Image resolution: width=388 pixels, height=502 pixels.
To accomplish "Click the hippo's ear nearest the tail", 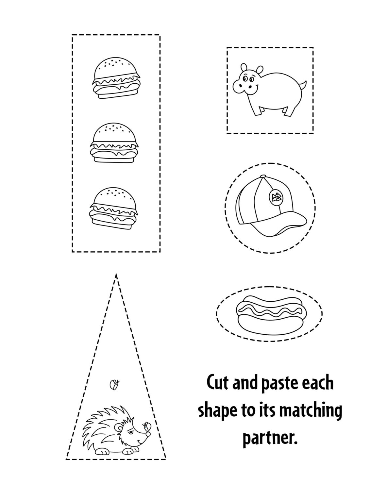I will click(x=260, y=70).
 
